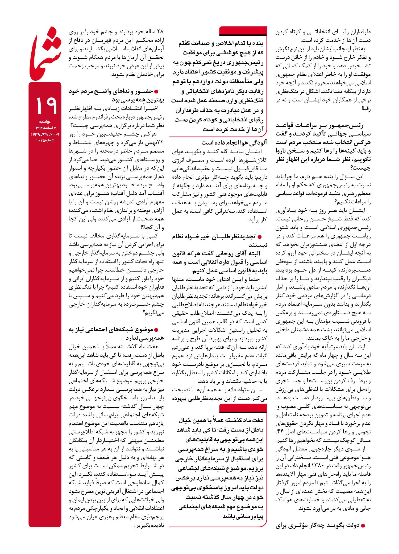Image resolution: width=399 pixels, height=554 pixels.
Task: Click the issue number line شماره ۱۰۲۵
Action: [x=45, y=140]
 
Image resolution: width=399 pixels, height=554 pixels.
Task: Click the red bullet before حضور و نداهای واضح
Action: [x=156, y=92]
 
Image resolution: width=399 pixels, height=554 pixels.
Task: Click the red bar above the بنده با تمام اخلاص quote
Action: [x=243, y=31]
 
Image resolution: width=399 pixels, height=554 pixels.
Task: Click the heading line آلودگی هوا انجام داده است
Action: [x=234, y=143]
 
